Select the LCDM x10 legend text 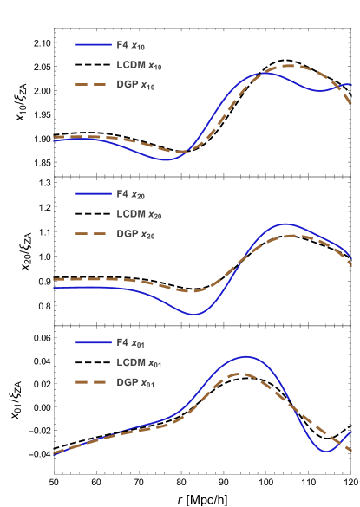pos(139,65)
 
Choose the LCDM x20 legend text pos(139,214)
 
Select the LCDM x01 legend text pos(139,363)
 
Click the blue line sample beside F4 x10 pos(93,45)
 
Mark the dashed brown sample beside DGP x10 pos(93,85)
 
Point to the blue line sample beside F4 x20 pos(93,194)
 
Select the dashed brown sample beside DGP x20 pos(93,234)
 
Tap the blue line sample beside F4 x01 pos(93,343)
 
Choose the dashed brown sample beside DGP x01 pos(93,383)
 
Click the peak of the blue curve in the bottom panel pos(245,356)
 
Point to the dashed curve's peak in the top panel pos(289,66)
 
